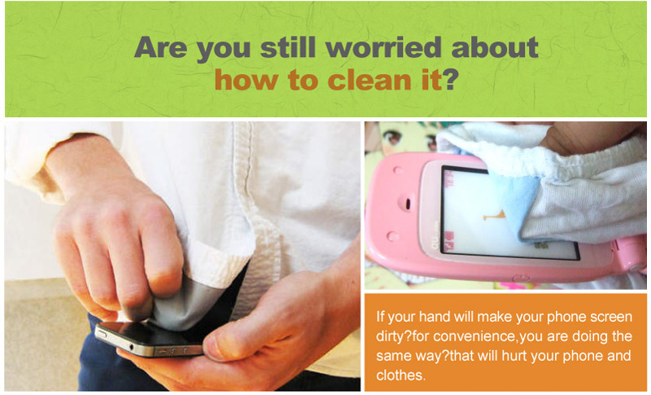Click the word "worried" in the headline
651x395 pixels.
click(x=383, y=47)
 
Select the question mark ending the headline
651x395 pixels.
click(x=450, y=80)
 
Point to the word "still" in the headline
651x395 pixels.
click(x=288, y=47)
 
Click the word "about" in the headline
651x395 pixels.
click(x=495, y=47)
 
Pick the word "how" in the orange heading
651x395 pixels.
click(x=246, y=80)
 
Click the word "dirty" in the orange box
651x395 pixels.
click(x=390, y=337)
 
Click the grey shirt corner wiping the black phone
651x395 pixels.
click(x=182, y=302)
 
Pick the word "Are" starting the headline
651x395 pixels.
click(x=160, y=47)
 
